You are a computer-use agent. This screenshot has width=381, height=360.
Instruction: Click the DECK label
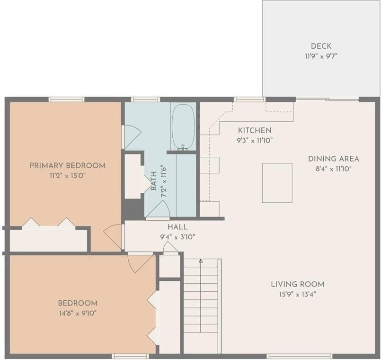point(321,46)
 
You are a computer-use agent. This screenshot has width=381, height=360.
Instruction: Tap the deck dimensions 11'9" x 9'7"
point(321,56)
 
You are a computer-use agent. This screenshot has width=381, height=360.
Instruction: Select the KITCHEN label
point(255,130)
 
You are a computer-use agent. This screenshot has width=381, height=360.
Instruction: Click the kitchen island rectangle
point(277,183)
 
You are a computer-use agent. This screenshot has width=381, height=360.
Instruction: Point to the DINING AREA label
point(334,159)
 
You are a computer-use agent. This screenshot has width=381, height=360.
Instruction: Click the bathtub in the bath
point(183,126)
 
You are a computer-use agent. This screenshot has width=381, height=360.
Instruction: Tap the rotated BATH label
point(154,181)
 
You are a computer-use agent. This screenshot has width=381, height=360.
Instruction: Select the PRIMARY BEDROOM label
point(68,166)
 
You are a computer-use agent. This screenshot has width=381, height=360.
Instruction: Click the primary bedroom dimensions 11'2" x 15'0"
point(68,176)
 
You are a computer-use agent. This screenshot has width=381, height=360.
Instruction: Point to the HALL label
point(177,227)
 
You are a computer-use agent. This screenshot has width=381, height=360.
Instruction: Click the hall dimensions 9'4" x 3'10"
point(177,237)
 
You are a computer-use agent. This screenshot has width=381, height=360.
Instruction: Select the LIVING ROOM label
point(298,284)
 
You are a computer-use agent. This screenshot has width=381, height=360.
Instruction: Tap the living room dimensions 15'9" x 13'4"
point(298,294)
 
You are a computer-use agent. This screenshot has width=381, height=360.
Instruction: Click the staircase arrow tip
point(201,261)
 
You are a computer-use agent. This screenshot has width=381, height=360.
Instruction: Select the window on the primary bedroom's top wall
point(66,99)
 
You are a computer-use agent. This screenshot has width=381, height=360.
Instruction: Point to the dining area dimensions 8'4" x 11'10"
point(334,169)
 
